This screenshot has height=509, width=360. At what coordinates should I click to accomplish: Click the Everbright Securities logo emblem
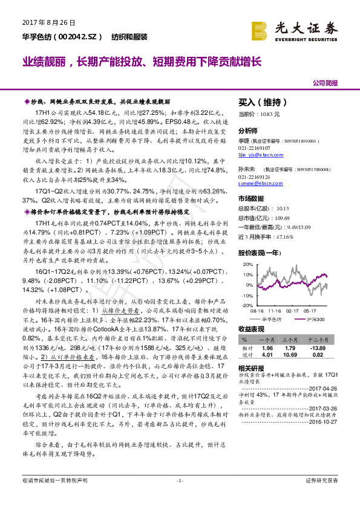tap(260, 30)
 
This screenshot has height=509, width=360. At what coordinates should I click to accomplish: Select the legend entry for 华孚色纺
tap(273, 319)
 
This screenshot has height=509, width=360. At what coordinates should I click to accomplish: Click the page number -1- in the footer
tap(180, 497)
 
